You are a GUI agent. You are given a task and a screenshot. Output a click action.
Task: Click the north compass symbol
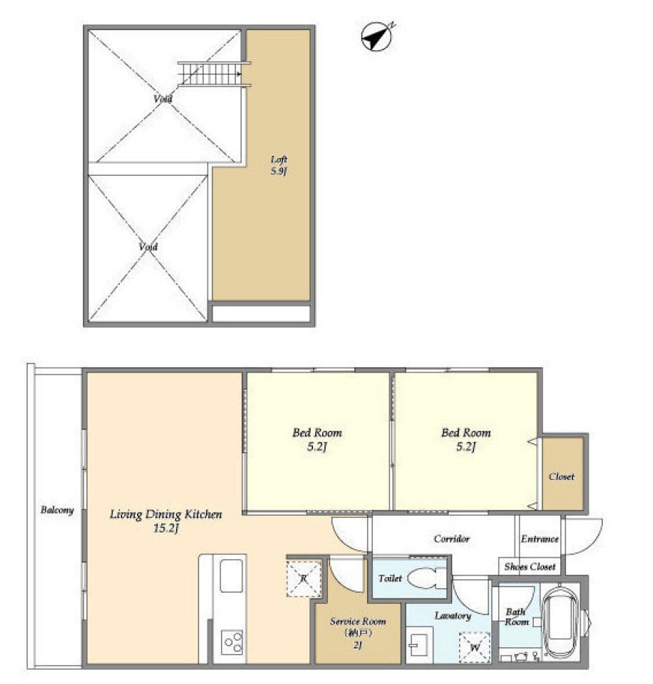377,37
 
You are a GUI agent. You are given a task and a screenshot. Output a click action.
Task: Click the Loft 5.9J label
279,165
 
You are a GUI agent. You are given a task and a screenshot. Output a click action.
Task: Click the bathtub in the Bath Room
561,622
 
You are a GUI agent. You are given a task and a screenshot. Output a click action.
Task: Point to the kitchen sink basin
231,575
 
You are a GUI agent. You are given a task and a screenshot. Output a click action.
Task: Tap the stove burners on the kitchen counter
232,642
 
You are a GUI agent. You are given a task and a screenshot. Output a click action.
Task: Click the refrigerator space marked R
304,579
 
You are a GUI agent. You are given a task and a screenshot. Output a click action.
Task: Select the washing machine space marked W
474,647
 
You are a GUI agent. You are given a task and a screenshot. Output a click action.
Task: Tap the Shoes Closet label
530,567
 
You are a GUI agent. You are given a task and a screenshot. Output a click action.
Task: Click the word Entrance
540,539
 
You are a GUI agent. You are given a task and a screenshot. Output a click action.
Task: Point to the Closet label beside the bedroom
562,477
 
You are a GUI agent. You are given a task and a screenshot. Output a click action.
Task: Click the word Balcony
57,510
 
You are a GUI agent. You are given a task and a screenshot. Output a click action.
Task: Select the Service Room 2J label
358,632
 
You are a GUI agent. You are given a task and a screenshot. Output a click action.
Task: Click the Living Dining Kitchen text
165,515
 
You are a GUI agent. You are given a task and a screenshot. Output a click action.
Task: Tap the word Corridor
452,539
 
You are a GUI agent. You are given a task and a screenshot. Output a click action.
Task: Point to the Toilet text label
390,578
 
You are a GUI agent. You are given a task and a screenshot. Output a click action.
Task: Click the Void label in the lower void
148,247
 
